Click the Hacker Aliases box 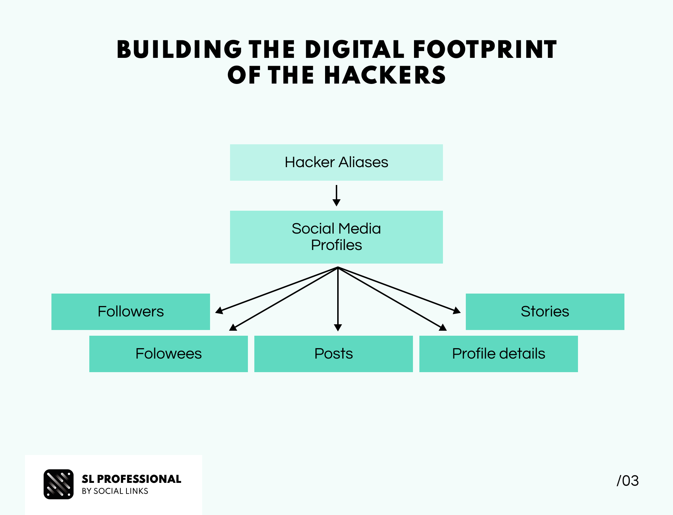336,162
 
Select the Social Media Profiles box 336,237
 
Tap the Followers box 131,311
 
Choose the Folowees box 168,354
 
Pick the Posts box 333,354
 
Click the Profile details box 498,354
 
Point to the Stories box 545,311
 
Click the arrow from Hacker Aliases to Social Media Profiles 336,195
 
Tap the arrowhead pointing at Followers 219,311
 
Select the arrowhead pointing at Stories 457,311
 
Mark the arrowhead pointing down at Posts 338,327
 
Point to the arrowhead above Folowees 233,327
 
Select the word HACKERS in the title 385,75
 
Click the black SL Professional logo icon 59,484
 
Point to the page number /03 628,481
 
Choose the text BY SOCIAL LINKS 115,491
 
